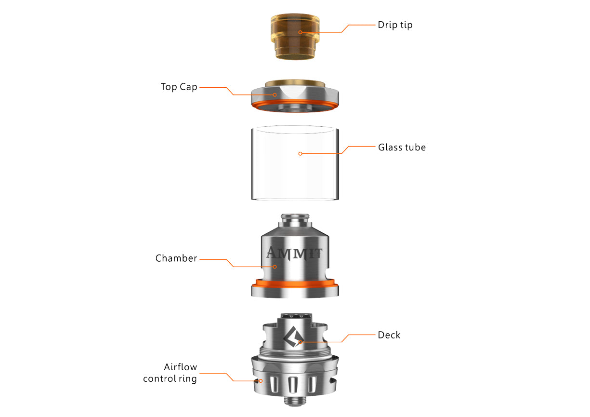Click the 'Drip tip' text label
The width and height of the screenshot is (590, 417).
395,25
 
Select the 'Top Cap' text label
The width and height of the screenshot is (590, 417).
179,87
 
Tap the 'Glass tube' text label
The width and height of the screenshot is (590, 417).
402,147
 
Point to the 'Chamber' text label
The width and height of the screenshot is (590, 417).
176,258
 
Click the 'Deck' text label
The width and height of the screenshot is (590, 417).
389,335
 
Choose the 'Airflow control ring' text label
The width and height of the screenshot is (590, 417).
170,373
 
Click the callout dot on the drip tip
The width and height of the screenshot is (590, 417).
300,32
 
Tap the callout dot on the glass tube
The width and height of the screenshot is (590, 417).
300,154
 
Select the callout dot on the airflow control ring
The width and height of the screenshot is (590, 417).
261,381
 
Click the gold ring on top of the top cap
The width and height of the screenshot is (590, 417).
294,82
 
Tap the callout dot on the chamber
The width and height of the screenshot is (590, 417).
275,267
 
